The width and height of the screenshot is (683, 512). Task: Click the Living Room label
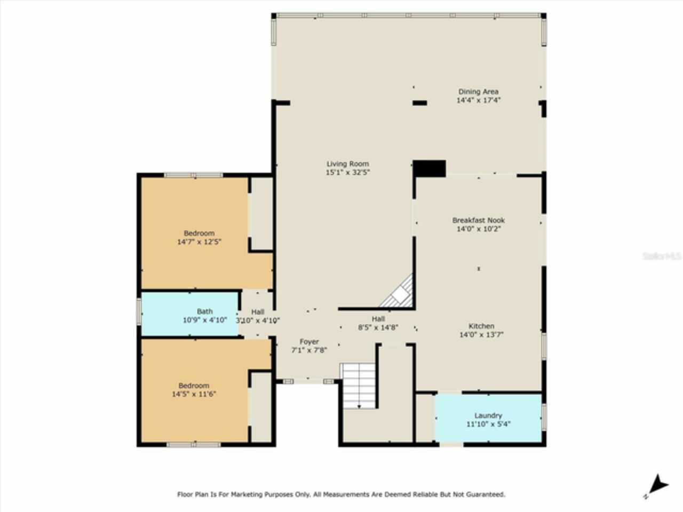347,164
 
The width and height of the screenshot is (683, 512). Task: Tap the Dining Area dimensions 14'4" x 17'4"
478,100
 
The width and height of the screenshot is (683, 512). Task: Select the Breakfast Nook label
478,220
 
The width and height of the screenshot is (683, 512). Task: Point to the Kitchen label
481,326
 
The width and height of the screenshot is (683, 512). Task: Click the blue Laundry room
488,418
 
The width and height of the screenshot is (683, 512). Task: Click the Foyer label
309,342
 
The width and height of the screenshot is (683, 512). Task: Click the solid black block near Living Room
430,168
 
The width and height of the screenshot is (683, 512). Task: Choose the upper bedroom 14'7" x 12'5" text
199,242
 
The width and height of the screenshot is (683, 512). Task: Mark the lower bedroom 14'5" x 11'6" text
194,395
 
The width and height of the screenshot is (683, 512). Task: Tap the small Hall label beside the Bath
258,312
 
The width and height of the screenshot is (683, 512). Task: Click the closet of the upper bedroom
261,213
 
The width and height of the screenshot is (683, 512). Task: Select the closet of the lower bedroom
261,406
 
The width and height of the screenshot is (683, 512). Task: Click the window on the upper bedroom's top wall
193,174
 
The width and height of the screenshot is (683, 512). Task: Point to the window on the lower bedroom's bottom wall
193,444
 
